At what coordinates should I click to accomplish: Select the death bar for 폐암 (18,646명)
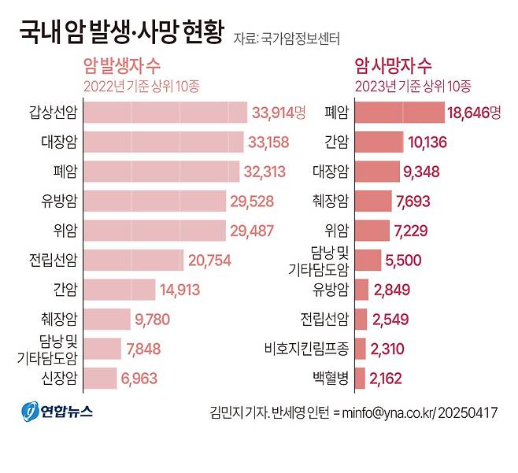[x=400, y=113]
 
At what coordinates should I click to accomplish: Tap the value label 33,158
[x=268, y=142]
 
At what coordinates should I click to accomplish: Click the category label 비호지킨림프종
[x=305, y=349]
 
